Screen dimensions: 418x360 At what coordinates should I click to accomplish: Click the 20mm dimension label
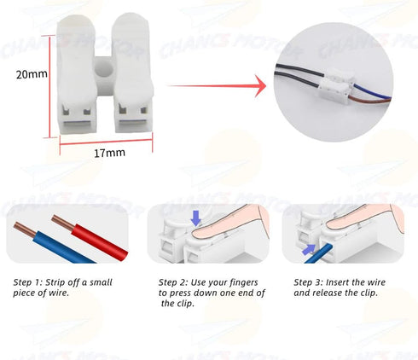pos(32,74)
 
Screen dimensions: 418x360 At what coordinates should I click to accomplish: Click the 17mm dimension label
pos(109,153)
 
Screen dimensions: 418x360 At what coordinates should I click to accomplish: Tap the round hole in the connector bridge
pos(103,70)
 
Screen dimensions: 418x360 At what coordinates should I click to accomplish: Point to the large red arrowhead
pos(260,86)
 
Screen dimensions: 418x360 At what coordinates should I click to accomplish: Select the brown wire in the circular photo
pos(369,100)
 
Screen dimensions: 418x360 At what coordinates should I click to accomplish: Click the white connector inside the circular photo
pos(338,84)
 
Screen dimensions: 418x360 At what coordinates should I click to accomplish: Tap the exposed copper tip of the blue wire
pos(25,229)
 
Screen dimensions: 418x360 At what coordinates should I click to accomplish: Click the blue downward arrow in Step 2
pos(195,218)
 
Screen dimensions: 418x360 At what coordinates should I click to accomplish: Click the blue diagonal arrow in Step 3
pos(309,249)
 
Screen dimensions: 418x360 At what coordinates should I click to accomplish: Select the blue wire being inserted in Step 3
pos(319,253)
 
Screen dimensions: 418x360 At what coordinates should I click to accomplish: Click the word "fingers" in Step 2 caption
pos(244,283)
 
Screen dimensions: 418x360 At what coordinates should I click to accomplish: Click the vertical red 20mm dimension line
pos(50,86)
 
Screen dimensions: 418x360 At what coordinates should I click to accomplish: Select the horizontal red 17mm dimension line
pos(106,142)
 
